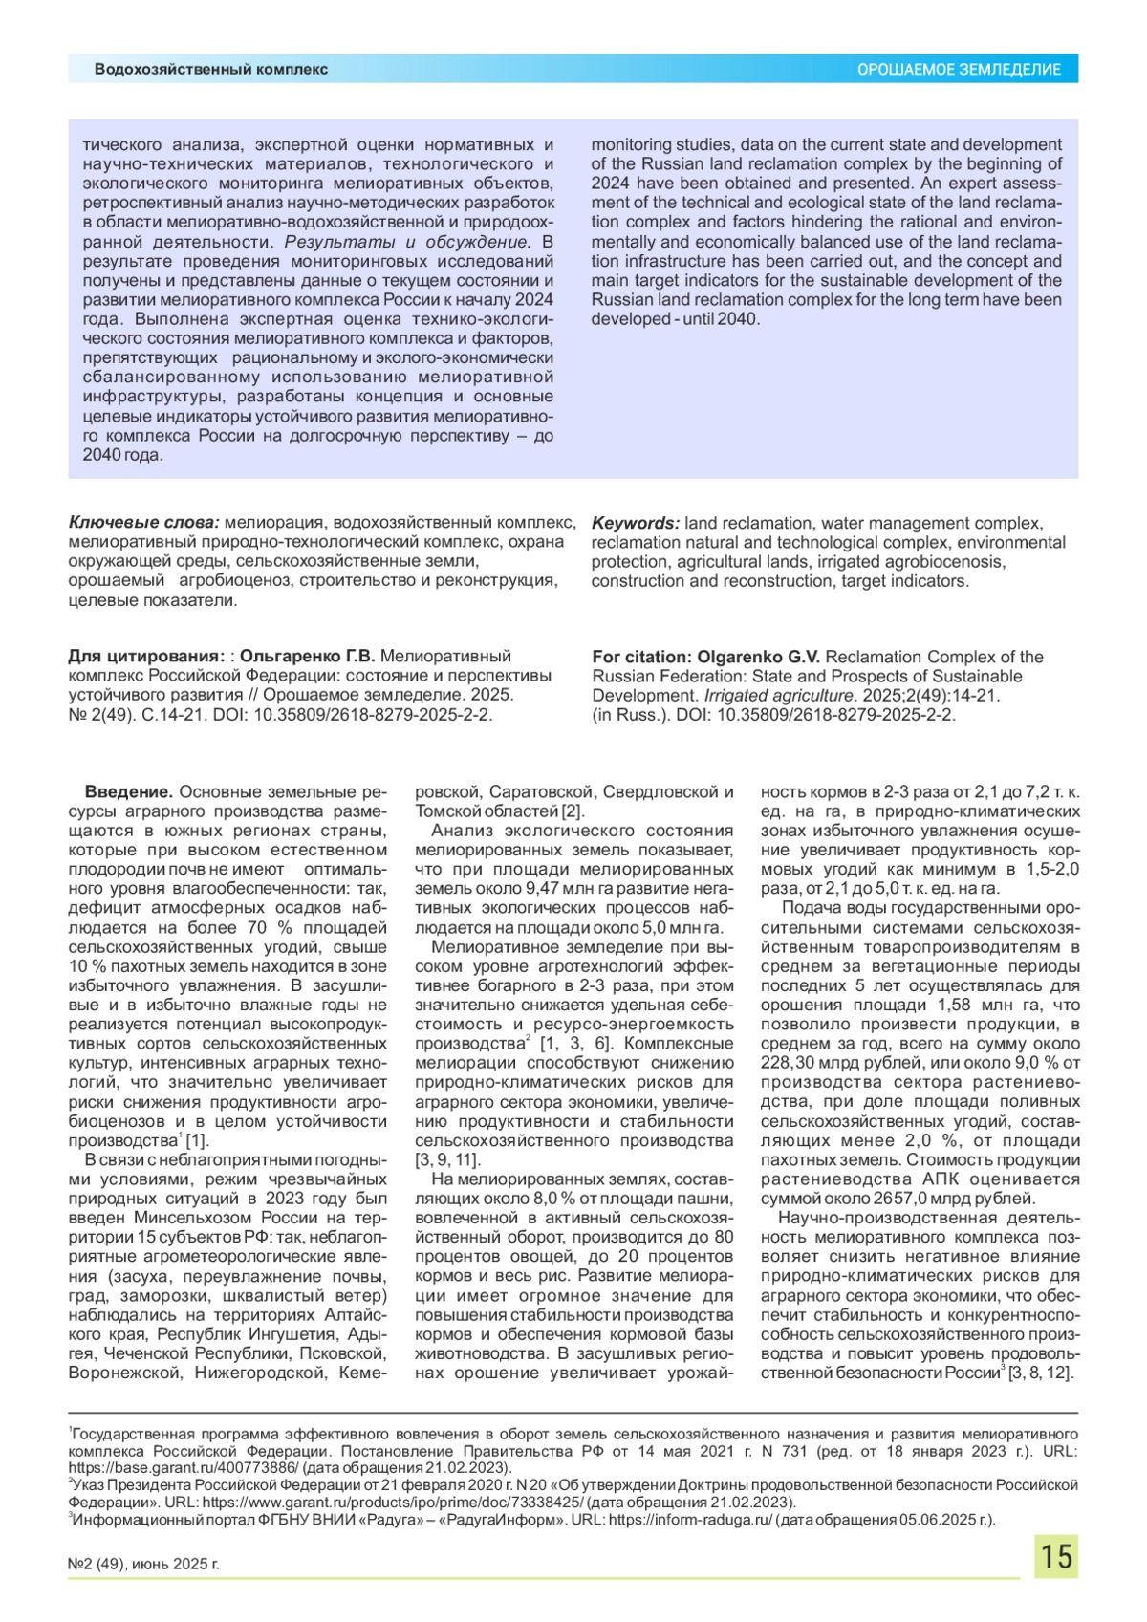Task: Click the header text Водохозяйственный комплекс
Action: (x=210, y=69)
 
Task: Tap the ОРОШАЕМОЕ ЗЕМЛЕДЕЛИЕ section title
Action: (x=958, y=70)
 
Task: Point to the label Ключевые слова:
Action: (x=143, y=523)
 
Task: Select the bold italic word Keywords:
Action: (x=636, y=523)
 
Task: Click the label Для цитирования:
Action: (x=145, y=657)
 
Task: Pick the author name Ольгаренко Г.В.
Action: (x=307, y=657)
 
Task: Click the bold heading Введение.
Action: (x=128, y=792)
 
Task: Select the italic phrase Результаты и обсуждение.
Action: (x=406, y=242)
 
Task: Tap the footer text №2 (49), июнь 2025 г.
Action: (x=143, y=1565)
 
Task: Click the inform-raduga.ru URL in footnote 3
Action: (x=689, y=1520)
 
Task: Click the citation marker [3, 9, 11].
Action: (x=447, y=1160)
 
